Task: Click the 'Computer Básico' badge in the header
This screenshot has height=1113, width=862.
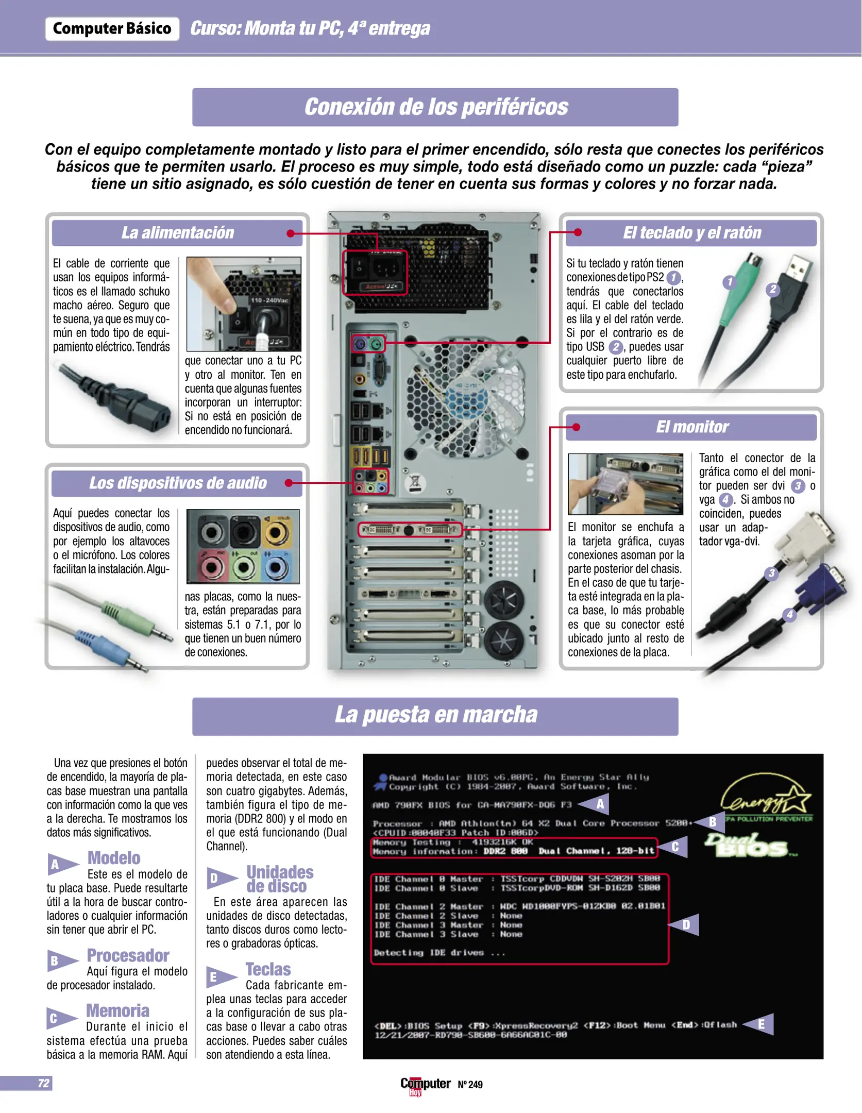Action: (x=112, y=28)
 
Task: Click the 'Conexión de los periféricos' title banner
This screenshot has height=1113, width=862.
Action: (x=435, y=107)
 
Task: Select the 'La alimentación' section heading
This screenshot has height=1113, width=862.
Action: (x=177, y=233)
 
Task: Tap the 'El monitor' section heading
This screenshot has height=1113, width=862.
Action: (x=691, y=427)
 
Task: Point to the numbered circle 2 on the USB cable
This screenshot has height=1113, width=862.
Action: (x=772, y=289)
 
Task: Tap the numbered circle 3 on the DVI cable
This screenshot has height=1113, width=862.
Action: (x=771, y=573)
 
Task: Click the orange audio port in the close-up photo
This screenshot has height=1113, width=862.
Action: (x=277, y=533)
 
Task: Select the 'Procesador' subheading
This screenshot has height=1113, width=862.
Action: (x=128, y=955)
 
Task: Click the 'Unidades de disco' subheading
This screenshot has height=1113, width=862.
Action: (x=279, y=879)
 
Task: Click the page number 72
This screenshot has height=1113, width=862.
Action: (x=44, y=1083)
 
